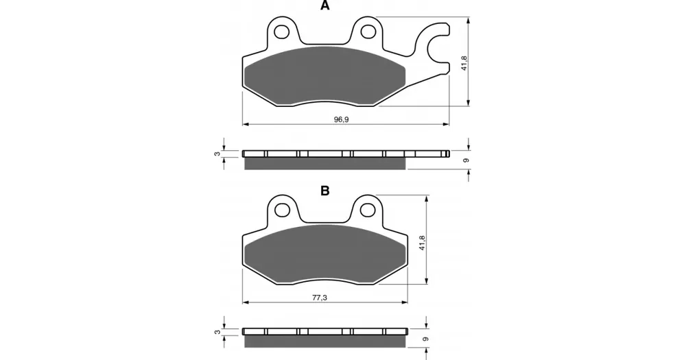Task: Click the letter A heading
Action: point(324,5)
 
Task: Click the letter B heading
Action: point(324,191)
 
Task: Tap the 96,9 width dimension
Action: point(341,119)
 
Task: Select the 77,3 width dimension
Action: point(320,298)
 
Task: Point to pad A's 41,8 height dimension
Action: point(464,63)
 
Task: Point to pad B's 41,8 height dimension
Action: point(423,243)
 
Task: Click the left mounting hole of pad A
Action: point(281,32)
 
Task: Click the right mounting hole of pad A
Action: point(368,32)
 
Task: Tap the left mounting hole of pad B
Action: point(281,210)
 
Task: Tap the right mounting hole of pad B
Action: point(368,210)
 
